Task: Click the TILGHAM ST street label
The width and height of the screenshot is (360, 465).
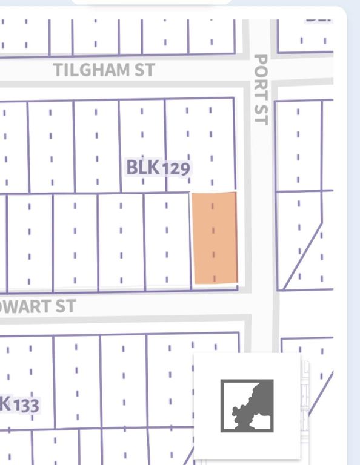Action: pos(104,70)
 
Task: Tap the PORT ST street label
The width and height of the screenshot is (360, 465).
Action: pos(260,89)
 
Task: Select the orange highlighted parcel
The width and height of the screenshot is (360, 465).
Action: pos(215,238)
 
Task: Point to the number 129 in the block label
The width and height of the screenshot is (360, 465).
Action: pos(176,168)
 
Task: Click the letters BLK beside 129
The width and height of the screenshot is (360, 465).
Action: pos(143,167)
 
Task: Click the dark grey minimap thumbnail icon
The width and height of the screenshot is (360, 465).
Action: pos(247,405)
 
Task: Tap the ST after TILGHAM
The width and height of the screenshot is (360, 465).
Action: pos(144,70)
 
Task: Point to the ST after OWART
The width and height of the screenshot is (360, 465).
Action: pos(66,306)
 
